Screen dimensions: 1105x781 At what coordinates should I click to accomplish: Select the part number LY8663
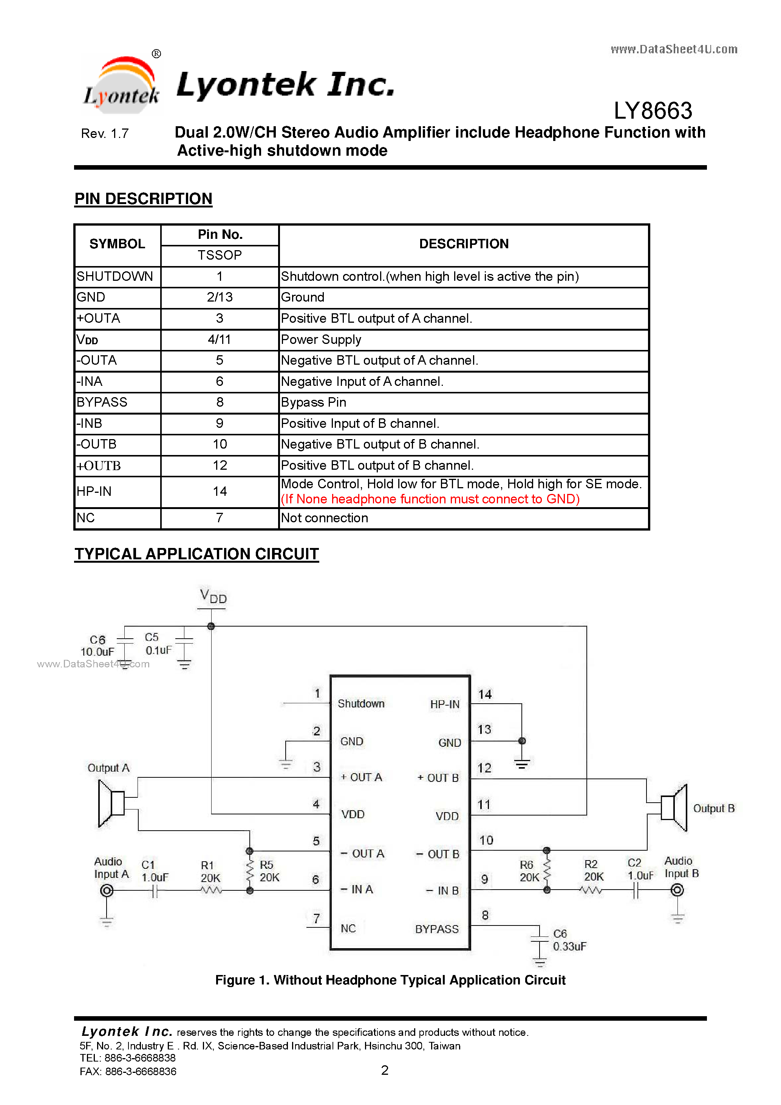click(653, 111)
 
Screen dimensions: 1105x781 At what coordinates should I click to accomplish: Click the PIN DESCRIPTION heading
click(144, 199)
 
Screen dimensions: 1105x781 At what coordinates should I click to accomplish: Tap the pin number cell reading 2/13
click(220, 297)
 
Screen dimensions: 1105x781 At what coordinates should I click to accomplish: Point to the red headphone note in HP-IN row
click(430, 499)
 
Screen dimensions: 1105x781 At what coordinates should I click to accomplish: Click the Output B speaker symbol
click(674, 808)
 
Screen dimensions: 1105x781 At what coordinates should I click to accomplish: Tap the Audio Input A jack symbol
click(107, 891)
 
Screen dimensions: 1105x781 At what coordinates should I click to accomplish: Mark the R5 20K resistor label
click(269, 871)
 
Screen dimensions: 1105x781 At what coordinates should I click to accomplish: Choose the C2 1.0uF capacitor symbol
click(636, 891)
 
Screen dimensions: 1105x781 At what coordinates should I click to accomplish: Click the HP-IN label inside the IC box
click(445, 704)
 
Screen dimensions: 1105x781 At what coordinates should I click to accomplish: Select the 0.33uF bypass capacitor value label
click(569, 947)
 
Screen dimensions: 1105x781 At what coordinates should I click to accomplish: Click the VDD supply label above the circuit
click(213, 597)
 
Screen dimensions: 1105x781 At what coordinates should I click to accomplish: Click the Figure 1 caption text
click(390, 980)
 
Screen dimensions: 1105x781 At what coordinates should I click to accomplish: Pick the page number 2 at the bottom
click(385, 1070)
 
